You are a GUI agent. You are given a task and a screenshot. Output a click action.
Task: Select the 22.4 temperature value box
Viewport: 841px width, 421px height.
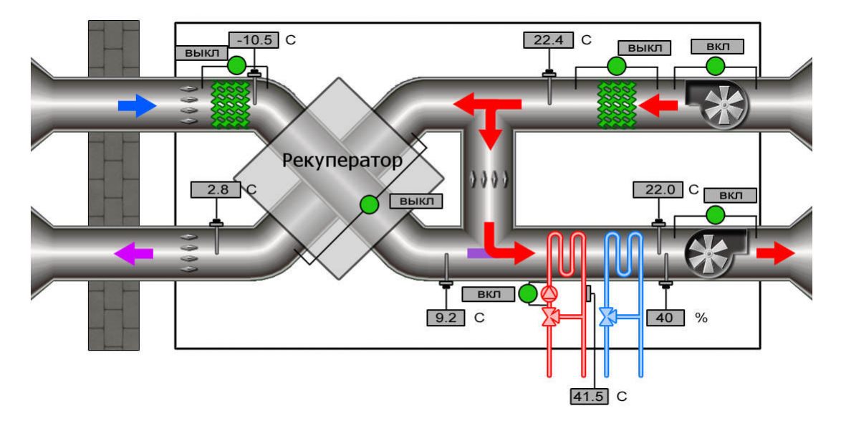click(x=549, y=40)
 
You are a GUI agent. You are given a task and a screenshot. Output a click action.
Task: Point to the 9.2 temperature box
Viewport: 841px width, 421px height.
click(x=445, y=316)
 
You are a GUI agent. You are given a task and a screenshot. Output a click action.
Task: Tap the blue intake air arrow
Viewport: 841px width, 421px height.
click(x=137, y=107)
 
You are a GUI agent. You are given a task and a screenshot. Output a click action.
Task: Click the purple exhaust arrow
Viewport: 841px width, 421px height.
click(x=134, y=252)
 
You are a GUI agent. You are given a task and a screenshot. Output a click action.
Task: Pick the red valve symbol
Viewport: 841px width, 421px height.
click(x=550, y=316)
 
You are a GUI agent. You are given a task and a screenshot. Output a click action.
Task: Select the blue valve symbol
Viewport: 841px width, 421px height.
click(x=607, y=316)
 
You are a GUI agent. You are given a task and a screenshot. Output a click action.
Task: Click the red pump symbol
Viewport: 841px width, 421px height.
click(x=549, y=293)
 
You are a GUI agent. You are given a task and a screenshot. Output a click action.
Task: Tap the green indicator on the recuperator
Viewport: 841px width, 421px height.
click(x=368, y=204)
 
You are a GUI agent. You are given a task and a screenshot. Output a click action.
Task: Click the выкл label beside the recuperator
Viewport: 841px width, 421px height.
click(x=415, y=201)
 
